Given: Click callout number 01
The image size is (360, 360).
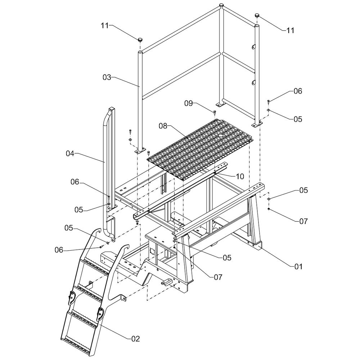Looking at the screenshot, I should point(299,267).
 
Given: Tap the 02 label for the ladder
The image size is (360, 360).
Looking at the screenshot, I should point(135,338).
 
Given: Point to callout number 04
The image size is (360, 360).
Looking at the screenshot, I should point(70,154).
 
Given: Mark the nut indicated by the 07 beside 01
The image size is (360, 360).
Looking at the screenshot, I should point(269,209).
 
